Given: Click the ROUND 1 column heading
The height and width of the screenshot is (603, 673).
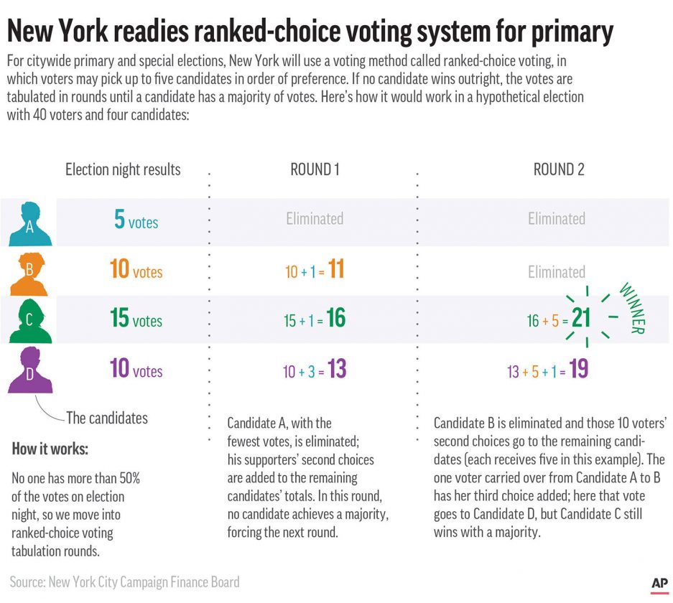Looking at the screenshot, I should [315, 169].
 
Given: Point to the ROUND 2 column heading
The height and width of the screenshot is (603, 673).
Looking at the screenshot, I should [559, 169].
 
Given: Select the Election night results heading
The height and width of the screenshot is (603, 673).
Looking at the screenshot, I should [123, 169].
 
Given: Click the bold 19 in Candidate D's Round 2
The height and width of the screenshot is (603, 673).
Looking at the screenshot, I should [579, 370].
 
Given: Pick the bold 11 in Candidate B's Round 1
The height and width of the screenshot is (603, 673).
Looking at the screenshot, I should [336, 270].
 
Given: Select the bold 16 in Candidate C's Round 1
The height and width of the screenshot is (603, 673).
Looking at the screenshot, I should [335, 319].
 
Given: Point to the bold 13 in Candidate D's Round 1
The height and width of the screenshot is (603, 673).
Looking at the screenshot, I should [336, 370].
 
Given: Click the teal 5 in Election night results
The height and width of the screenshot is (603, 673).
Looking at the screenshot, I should [119, 220].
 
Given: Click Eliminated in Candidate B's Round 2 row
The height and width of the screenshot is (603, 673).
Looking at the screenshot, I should [557, 272].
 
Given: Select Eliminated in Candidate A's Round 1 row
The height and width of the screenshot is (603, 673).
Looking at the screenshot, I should [315, 218].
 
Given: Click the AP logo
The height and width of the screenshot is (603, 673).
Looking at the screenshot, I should [659, 584].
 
